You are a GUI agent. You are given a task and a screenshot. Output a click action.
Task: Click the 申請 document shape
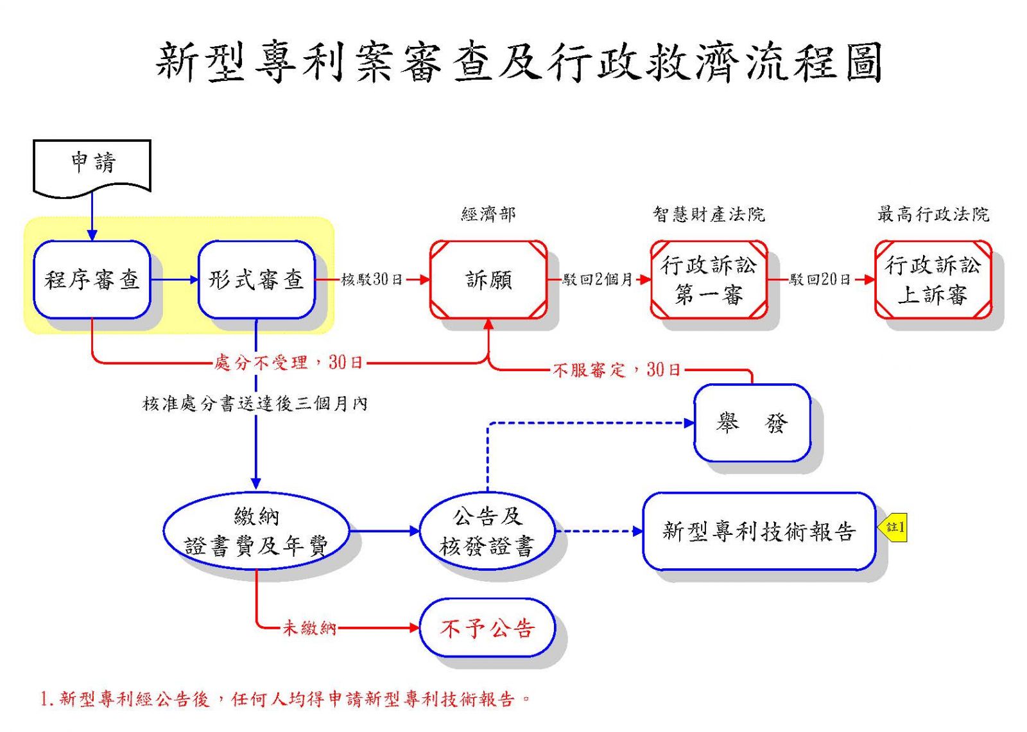coord(92,168)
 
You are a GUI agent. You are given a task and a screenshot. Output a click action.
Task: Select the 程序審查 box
coord(92,279)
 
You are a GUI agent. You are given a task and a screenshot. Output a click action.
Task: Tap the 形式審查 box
coord(256,279)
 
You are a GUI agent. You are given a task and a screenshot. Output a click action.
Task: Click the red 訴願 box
coord(488,279)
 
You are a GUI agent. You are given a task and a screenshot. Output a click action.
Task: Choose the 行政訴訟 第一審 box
coord(709,279)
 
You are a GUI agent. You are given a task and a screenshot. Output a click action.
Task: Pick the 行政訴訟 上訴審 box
coord(933,279)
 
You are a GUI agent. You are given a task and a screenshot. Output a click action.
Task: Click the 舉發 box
coord(752,423)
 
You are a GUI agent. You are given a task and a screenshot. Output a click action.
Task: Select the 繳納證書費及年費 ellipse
coord(256,531)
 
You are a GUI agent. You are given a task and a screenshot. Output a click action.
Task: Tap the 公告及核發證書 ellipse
coord(487,531)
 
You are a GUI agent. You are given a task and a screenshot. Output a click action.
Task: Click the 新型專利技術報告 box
coord(759,531)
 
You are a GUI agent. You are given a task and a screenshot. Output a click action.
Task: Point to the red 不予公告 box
coord(487,628)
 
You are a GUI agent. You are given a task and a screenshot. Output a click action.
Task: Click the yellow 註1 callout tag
coord(893,527)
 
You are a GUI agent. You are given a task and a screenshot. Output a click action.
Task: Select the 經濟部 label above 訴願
coord(488,214)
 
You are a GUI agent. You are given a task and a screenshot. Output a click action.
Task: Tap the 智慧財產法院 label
coord(709,214)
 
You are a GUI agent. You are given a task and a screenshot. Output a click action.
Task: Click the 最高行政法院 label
coord(933,214)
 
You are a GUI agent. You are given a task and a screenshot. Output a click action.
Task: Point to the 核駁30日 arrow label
coord(372,279)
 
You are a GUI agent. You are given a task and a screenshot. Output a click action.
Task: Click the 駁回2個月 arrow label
coord(598,279)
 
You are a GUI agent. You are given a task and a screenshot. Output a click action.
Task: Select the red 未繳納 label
coord(309,628)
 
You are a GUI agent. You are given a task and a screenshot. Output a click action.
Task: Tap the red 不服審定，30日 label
coord(617,370)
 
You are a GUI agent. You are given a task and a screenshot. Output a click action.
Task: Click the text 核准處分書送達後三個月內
coord(255,404)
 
